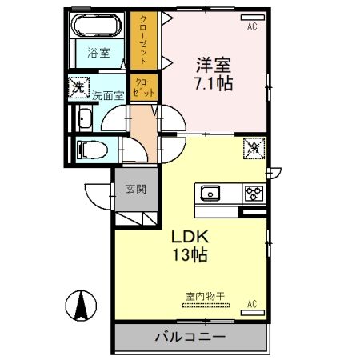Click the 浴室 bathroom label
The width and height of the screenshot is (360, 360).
[99, 54]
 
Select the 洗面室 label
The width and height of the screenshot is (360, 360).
[106, 94]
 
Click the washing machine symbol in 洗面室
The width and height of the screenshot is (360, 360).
[79, 86]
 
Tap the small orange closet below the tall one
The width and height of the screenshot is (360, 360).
[145, 86]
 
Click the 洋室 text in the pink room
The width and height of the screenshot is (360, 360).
[212, 62]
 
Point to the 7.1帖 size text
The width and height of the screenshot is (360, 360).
[212, 83]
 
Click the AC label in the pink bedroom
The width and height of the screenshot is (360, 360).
[252, 26]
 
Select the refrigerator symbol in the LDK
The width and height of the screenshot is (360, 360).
[252, 149]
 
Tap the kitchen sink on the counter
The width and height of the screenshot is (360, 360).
[212, 193]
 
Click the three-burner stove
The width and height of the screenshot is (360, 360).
[253, 193]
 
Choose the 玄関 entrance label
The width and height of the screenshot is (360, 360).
[135, 190]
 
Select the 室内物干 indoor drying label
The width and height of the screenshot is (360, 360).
[206, 296]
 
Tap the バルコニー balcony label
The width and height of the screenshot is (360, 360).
[190, 337]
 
